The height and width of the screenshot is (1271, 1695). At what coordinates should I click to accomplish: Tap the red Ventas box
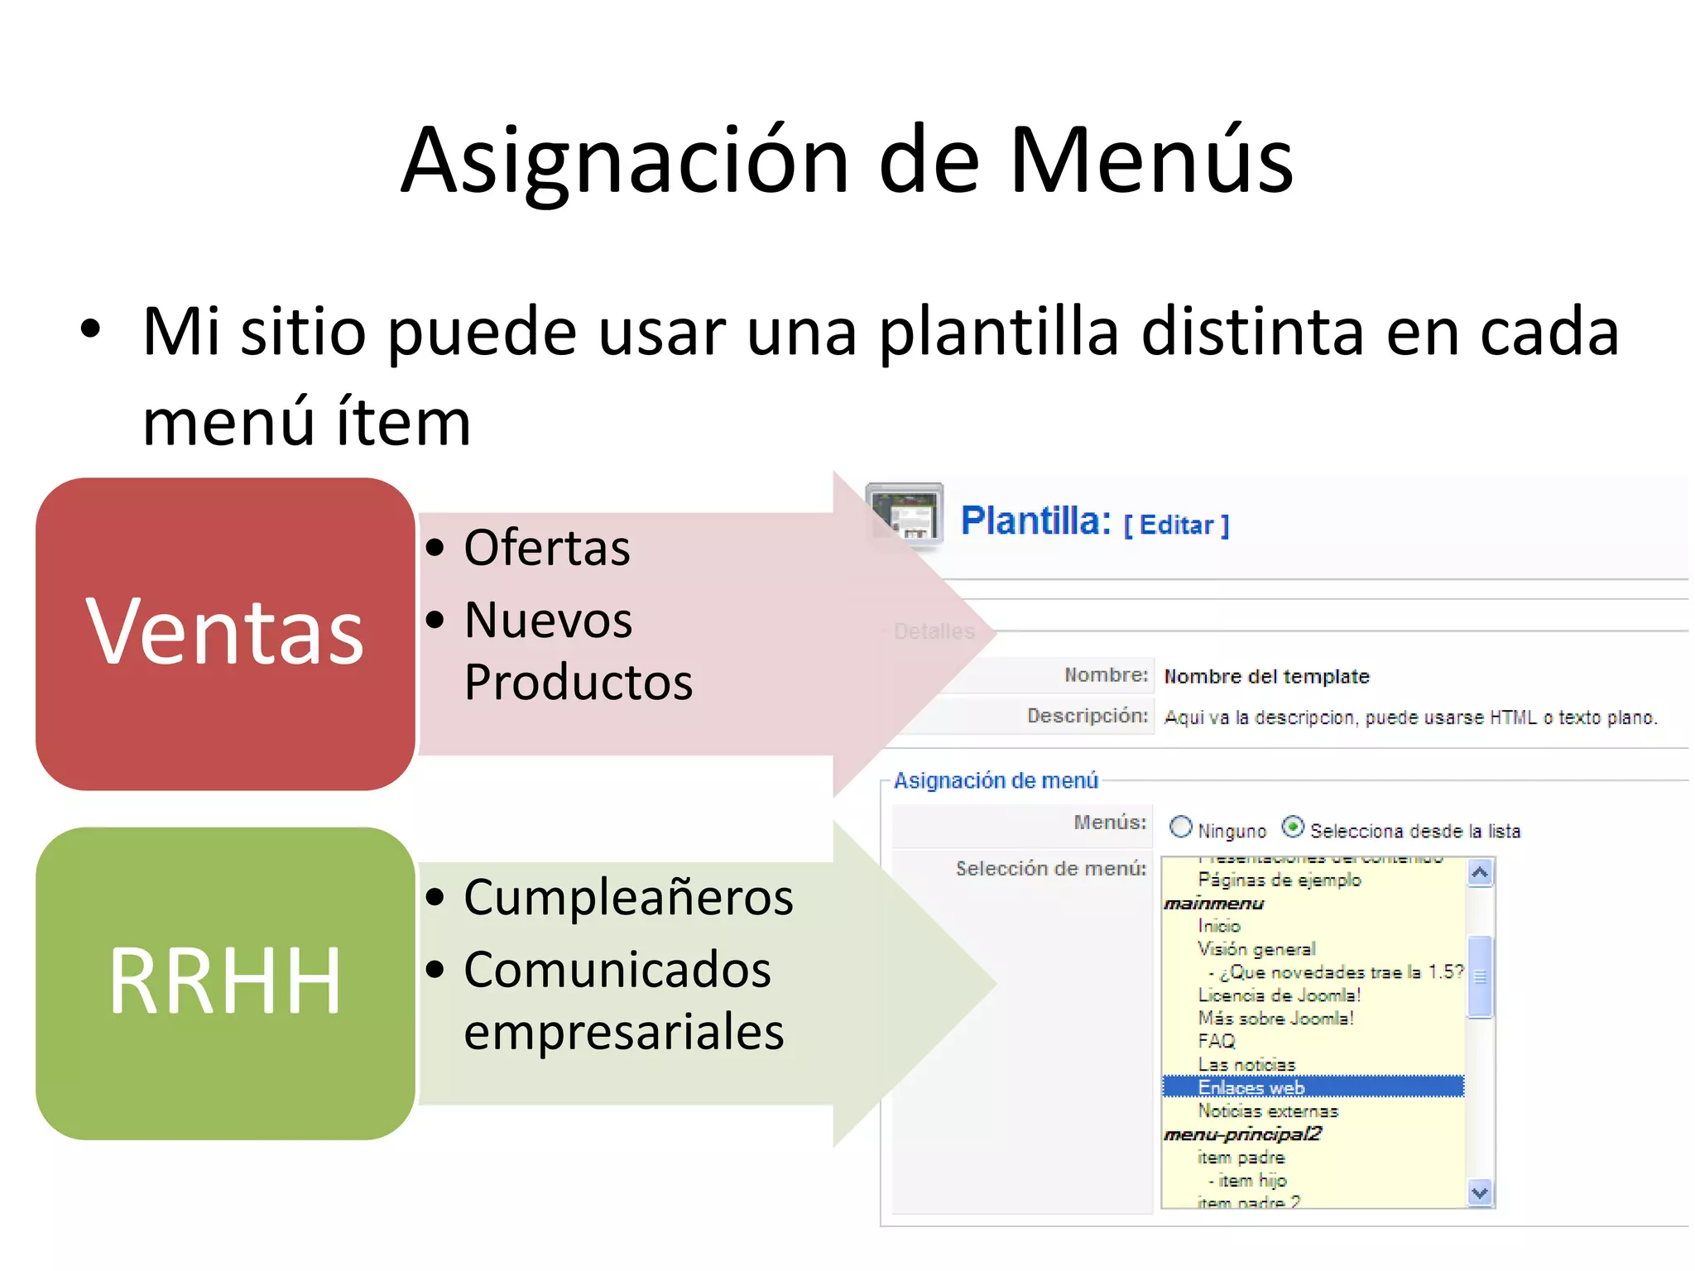tap(225, 634)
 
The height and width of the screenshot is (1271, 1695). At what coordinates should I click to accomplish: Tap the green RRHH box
tap(225, 983)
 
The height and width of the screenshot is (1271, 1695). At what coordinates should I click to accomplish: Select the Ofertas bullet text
tap(547, 548)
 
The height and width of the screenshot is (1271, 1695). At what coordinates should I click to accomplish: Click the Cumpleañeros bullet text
tap(628, 897)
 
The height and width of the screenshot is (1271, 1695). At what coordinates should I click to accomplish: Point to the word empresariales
tap(623, 1032)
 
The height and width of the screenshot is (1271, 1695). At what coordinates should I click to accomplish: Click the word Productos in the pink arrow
tap(578, 683)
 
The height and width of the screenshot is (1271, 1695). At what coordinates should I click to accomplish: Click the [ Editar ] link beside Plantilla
tap(1176, 525)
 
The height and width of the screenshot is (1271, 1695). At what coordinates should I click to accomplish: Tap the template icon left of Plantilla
tap(905, 516)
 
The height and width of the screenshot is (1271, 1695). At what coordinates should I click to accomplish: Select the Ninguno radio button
tap(1180, 827)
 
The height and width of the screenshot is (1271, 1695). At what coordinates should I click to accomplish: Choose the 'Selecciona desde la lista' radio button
tap(1293, 827)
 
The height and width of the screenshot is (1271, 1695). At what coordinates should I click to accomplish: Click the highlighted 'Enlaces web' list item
tap(1251, 1087)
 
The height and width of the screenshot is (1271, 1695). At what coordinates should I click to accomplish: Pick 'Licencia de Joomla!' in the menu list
tap(1279, 995)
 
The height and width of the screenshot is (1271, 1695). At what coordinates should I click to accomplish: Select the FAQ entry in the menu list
tap(1217, 1041)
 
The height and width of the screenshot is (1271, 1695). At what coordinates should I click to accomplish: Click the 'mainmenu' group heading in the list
tap(1213, 904)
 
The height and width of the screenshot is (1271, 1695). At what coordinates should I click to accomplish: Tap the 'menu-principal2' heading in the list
tap(1242, 1134)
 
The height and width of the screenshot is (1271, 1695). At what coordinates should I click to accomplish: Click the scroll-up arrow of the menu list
tap(1480, 873)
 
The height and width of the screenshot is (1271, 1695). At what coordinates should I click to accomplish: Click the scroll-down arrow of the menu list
tap(1480, 1192)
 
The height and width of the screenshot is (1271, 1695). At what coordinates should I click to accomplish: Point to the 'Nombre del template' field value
tap(1266, 677)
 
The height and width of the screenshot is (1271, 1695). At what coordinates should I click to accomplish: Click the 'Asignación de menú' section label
tap(996, 780)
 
